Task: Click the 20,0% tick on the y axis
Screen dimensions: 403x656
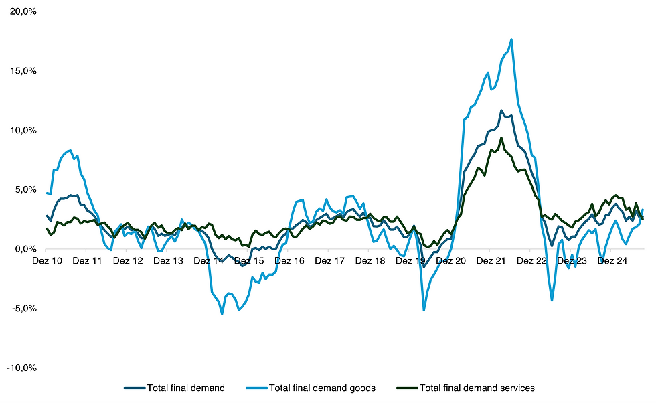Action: click(x=24, y=11)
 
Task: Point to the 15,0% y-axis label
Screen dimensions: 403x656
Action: click(x=24, y=71)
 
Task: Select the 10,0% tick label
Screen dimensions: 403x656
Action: click(x=24, y=131)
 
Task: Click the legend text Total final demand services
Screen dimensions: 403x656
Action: click(x=477, y=388)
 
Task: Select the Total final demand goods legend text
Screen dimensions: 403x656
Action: click(x=322, y=388)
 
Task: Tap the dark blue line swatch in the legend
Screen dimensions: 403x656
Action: click(x=134, y=388)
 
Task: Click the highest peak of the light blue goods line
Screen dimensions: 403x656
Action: click(x=511, y=39)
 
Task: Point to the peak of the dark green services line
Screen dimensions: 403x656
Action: click(x=501, y=138)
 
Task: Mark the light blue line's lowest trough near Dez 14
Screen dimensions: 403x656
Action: click(x=222, y=313)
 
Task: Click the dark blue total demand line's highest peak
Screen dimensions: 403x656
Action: click(x=501, y=110)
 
